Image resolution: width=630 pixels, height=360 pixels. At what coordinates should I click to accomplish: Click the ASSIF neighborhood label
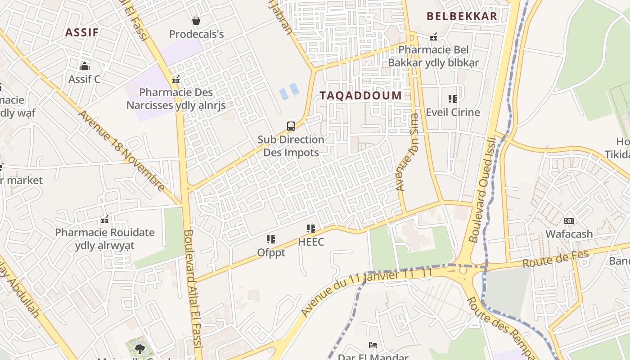(x=82, y=32)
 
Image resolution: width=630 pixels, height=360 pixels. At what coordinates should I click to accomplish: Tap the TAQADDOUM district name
(x=360, y=95)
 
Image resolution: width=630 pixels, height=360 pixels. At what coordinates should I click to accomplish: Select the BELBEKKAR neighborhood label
(x=462, y=16)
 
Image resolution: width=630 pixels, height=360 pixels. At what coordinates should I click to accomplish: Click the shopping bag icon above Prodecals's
(x=196, y=21)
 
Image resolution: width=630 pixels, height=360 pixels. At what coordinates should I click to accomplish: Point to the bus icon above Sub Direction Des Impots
(x=291, y=126)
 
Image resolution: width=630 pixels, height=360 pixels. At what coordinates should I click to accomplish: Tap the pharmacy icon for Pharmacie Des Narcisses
(x=176, y=80)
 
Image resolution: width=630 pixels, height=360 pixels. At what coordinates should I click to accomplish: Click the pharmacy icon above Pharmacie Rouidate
(x=105, y=220)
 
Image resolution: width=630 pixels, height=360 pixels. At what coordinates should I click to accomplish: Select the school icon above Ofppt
(x=271, y=239)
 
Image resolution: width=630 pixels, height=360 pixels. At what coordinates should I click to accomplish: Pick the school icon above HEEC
(x=311, y=229)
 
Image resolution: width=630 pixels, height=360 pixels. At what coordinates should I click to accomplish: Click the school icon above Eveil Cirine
(x=453, y=99)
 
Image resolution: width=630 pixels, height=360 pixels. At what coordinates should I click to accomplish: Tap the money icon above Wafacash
(x=569, y=221)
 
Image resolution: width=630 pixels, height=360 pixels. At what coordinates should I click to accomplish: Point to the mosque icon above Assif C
(x=84, y=67)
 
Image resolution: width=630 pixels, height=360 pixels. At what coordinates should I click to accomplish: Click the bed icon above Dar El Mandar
(x=373, y=345)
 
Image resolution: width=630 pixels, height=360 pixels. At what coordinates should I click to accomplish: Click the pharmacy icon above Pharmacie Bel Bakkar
(x=433, y=37)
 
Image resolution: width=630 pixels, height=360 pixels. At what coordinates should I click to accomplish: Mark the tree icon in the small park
(x=139, y=348)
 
